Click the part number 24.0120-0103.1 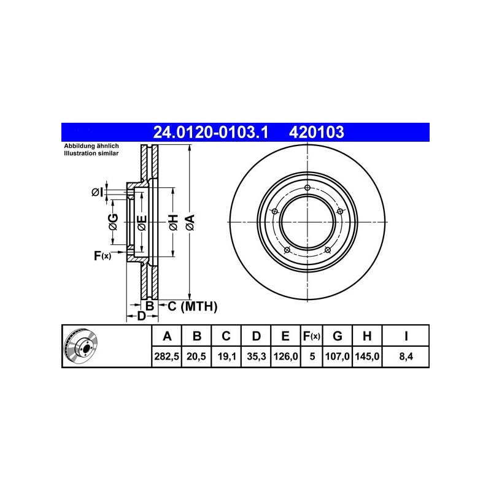pos(211,132)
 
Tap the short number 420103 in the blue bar pos(316,132)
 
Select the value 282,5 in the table pos(166,357)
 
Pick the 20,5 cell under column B pos(196,357)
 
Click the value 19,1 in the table pos(226,357)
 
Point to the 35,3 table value pos(257,357)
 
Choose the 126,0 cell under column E pos(285,357)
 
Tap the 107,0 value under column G pos(337,357)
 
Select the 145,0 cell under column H pos(367,357)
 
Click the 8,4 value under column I pos(406,357)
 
